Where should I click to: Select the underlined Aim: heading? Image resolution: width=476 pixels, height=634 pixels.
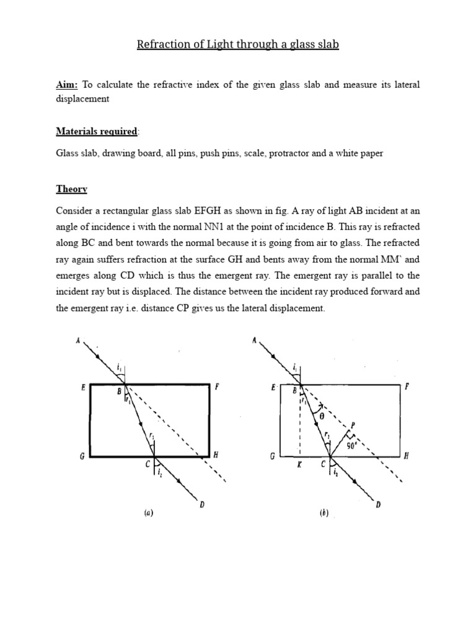(x=66, y=84)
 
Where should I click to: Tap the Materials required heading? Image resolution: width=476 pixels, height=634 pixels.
(x=97, y=131)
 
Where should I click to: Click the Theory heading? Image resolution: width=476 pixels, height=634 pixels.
(x=72, y=189)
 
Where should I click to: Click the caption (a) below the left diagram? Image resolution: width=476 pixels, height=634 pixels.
(x=148, y=513)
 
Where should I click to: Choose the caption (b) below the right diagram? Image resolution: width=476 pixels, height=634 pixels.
(x=324, y=513)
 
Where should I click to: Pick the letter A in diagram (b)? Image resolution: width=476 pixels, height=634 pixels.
(x=254, y=340)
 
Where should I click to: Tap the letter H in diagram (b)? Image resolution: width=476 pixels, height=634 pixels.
(x=407, y=456)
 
